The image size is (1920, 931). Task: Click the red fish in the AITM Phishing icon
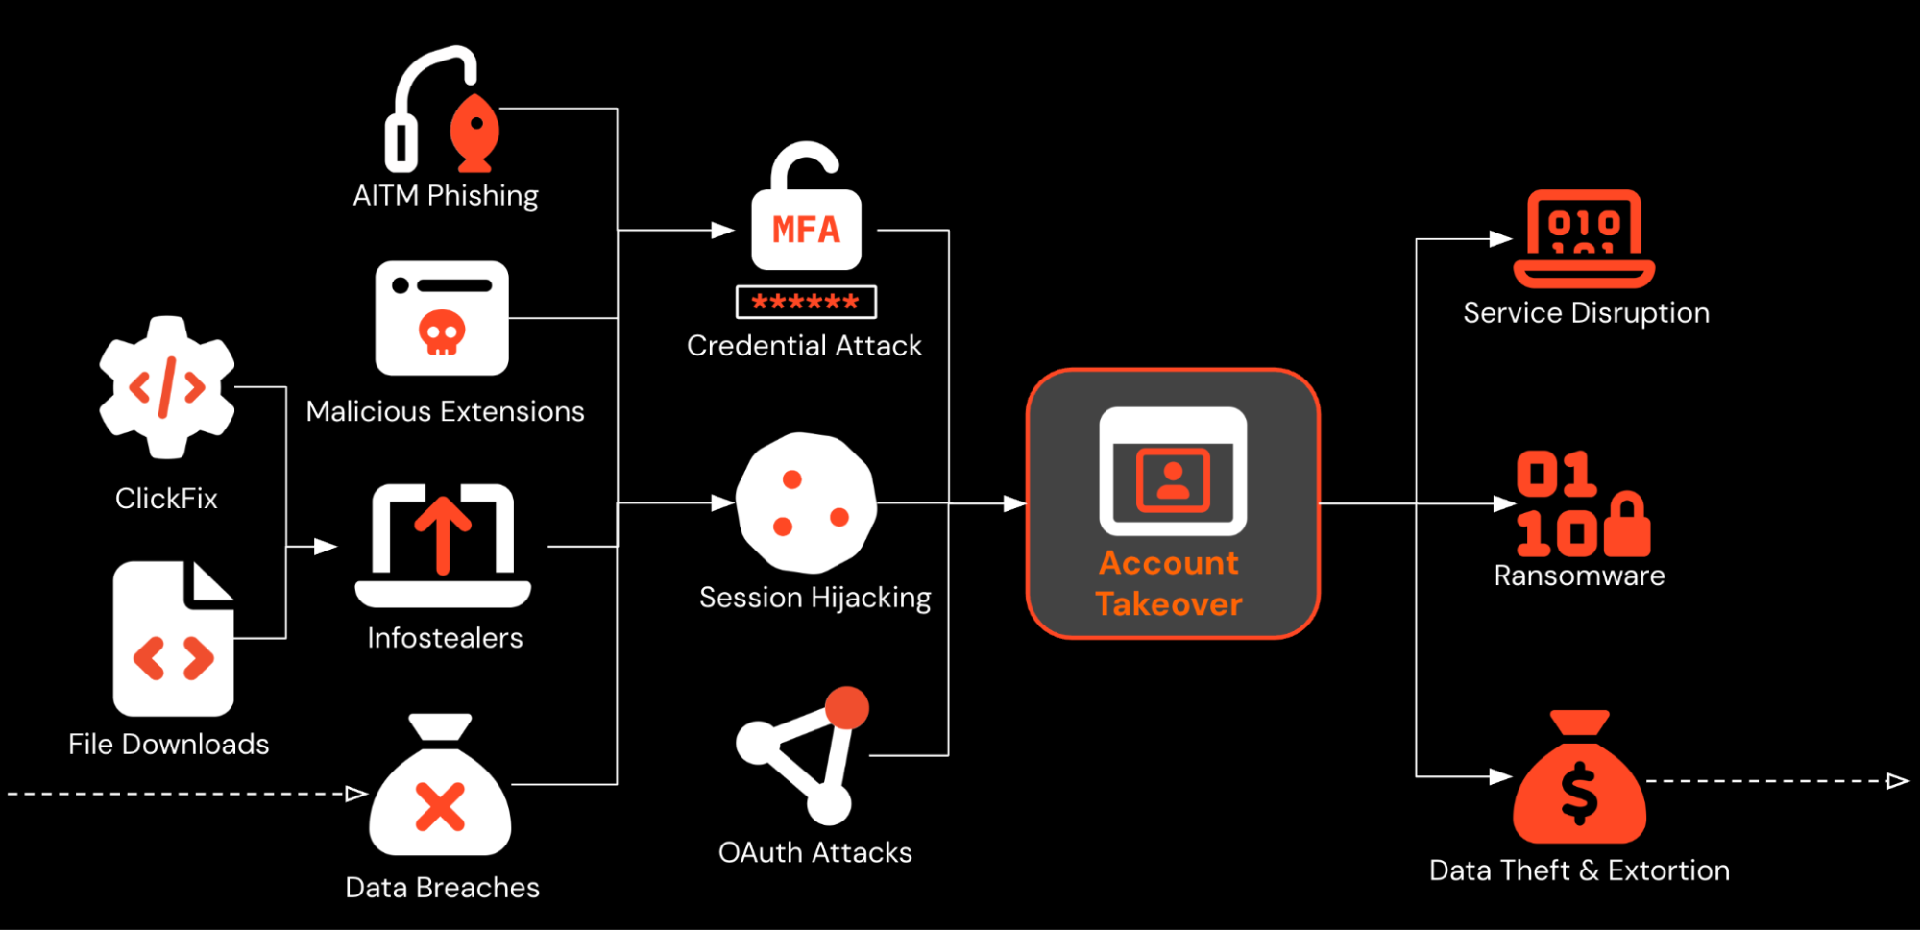(x=474, y=132)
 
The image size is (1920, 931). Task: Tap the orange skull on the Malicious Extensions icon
(x=442, y=333)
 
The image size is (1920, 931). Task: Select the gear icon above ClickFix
(x=167, y=387)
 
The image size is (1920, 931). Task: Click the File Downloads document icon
(x=173, y=639)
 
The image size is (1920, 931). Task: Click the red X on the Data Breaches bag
(x=440, y=806)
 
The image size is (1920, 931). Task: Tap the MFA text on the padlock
(x=806, y=230)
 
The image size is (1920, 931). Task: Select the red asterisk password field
(x=806, y=302)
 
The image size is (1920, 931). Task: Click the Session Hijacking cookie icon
(x=806, y=502)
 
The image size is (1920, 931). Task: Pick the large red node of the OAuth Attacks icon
(x=846, y=708)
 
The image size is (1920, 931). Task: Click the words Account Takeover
(x=1169, y=583)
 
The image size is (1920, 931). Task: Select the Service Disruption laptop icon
(x=1584, y=239)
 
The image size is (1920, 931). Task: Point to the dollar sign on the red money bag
(x=1579, y=794)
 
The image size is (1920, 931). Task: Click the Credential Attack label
(x=804, y=346)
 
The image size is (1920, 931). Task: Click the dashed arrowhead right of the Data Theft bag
(x=1897, y=781)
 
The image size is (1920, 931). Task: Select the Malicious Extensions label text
(x=445, y=412)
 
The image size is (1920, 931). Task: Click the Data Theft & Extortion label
(x=1579, y=870)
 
